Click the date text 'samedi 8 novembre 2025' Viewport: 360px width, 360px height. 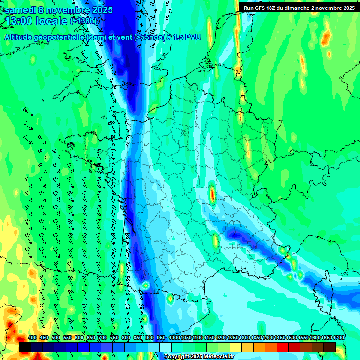(x=59, y=10)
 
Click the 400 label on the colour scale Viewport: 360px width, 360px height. (x=32, y=337)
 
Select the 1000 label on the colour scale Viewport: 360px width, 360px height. (x=174, y=337)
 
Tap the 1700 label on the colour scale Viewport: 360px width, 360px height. (x=338, y=337)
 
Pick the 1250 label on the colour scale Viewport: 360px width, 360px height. (x=233, y=337)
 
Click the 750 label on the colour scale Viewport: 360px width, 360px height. (x=114, y=337)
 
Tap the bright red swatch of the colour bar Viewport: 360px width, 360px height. (x=283, y=347)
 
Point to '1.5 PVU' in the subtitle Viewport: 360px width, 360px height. (x=187, y=37)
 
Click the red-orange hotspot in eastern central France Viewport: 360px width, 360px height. (x=212, y=194)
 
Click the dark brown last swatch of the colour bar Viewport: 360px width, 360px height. (x=330, y=347)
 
